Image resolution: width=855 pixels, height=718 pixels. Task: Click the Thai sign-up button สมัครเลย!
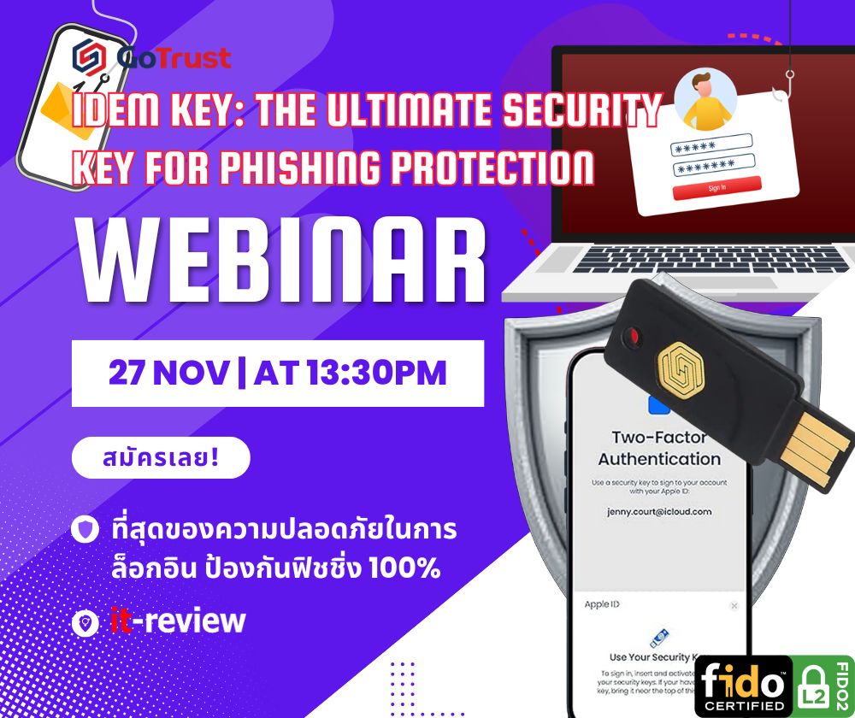[160, 457]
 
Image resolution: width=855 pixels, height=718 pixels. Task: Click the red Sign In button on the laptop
[717, 187]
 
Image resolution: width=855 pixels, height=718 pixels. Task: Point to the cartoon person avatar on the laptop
[705, 98]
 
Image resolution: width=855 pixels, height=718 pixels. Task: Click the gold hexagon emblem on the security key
[681, 368]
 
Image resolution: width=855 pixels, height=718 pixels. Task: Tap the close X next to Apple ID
[734, 605]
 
